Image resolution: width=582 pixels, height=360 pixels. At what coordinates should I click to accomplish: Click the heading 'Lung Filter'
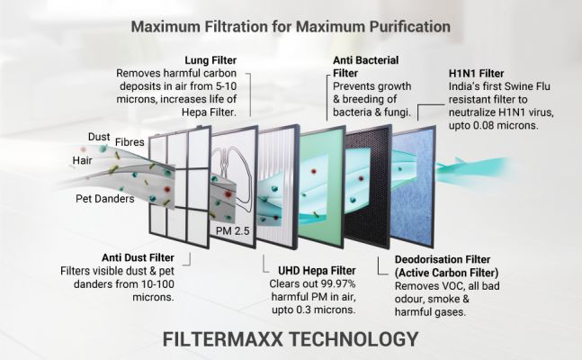tap(210, 60)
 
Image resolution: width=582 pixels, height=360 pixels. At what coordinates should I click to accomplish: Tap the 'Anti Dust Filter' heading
tap(138, 257)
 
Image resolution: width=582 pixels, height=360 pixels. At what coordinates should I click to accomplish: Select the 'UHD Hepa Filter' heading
tap(317, 271)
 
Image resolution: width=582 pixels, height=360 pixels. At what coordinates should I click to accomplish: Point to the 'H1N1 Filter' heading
tap(476, 74)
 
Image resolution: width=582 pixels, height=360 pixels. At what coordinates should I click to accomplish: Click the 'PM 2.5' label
tap(233, 231)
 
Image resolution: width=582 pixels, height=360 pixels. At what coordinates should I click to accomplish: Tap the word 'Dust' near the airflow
tap(99, 137)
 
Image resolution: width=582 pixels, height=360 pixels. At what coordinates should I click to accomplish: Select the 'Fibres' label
tap(130, 142)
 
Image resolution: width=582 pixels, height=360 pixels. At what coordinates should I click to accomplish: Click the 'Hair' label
tap(82, 160)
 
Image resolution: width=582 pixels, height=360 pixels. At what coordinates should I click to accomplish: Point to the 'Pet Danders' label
tap(105, 199)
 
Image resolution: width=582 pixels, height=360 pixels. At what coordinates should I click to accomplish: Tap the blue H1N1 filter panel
tap(413, 185)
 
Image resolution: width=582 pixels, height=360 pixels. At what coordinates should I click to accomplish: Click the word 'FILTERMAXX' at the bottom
tap(222, 339)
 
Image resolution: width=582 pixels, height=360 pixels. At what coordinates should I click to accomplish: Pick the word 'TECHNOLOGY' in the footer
tap(354, 339)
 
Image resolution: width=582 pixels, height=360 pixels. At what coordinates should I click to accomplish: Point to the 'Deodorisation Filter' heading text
tap(443, 260)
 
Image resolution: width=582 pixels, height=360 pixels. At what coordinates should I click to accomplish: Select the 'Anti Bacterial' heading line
tap(365, 60)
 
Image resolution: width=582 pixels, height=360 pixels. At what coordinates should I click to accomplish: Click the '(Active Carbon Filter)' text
tap(446, 273)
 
